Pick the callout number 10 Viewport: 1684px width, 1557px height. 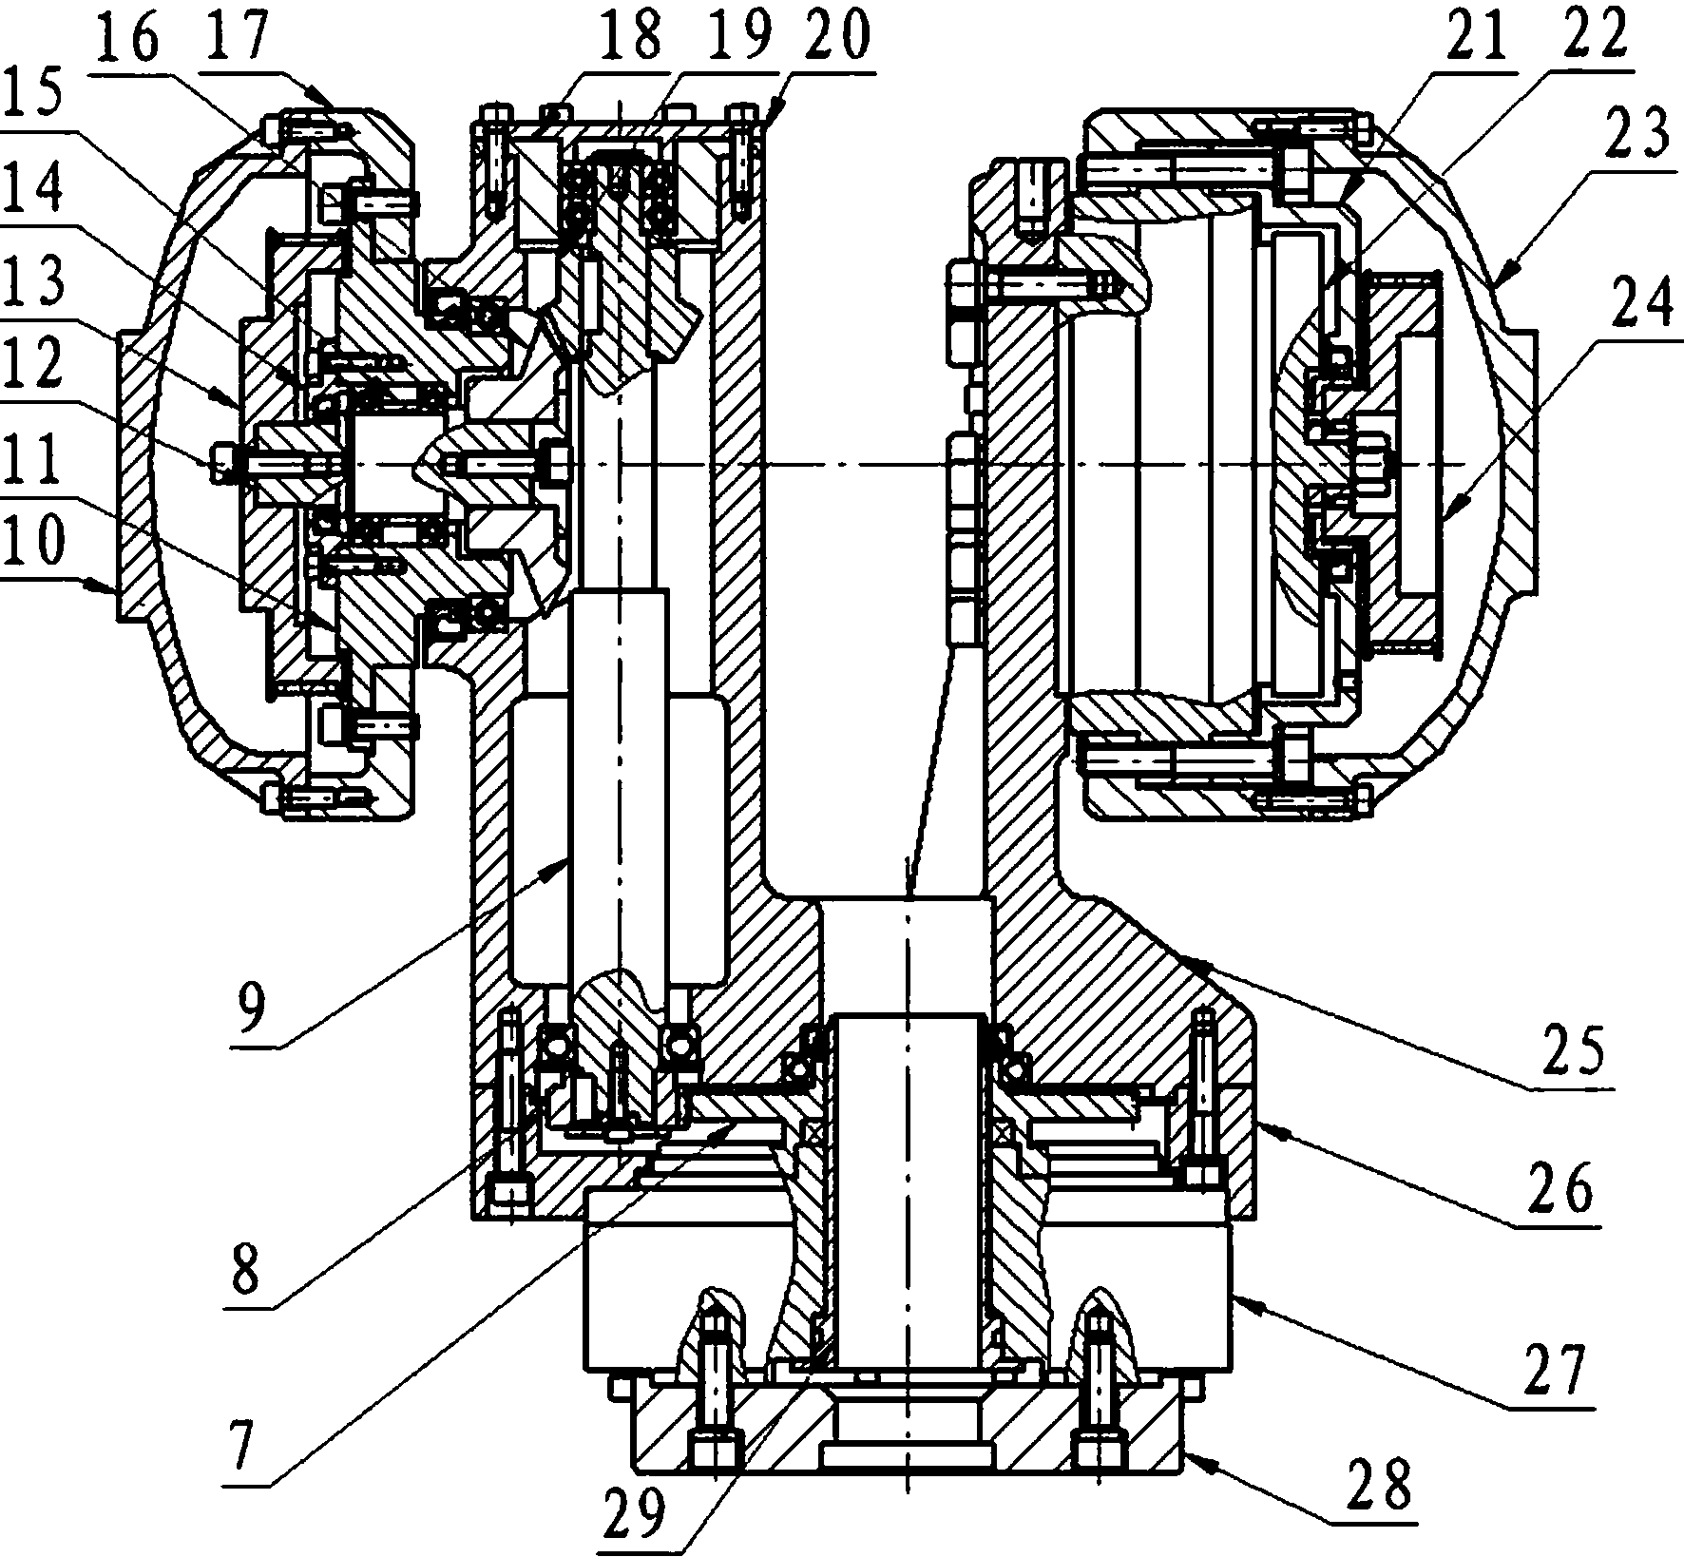[32, 541]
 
